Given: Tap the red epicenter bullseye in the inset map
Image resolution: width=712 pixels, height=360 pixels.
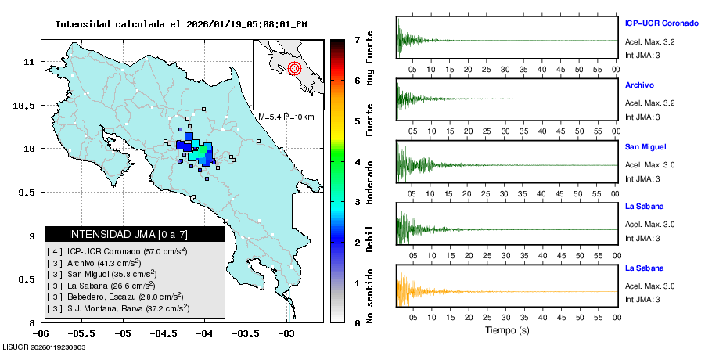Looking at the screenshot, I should point(294,68).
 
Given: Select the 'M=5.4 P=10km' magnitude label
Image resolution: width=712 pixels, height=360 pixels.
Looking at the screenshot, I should point(286,117).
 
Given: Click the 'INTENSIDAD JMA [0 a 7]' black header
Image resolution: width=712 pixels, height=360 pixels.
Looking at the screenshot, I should point(135,234).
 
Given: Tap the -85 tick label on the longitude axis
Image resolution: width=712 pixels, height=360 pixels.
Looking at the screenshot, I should point(122,333).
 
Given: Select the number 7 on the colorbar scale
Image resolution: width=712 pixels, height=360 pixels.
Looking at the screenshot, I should point(357,39).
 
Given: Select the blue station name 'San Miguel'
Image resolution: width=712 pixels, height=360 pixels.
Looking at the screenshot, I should point(645,146).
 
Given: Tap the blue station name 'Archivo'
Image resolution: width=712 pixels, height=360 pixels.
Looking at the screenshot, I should point(639,85).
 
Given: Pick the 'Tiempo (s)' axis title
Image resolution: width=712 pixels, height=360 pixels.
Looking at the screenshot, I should point(506,330).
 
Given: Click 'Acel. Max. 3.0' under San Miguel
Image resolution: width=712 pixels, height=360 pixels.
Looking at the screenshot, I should point(649,164).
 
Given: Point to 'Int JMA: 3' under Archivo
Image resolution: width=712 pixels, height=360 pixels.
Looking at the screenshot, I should point(642,117).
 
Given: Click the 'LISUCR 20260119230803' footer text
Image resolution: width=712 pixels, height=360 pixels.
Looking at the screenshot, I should point(45,347).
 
